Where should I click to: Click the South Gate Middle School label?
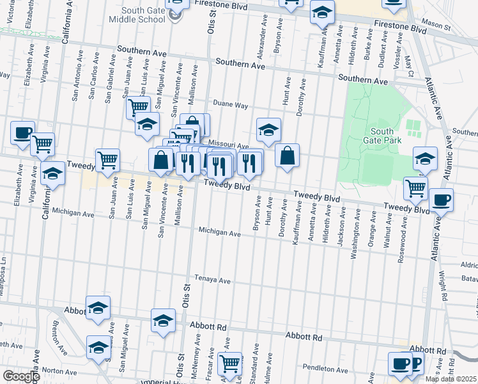coord(135,14)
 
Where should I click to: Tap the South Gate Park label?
coord(382,136)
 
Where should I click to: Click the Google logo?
coord(20,377)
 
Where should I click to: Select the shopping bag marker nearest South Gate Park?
coord(288,156)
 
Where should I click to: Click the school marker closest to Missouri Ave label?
coord(268,130)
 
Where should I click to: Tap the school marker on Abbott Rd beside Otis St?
coord(163,320)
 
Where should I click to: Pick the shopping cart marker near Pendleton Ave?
coord(229,363)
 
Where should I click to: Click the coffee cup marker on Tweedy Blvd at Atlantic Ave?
coord(441,200)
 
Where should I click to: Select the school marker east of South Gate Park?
coord(425,158)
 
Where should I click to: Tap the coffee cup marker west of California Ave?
coord(22,132)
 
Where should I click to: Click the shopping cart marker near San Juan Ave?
coord(107,160)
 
